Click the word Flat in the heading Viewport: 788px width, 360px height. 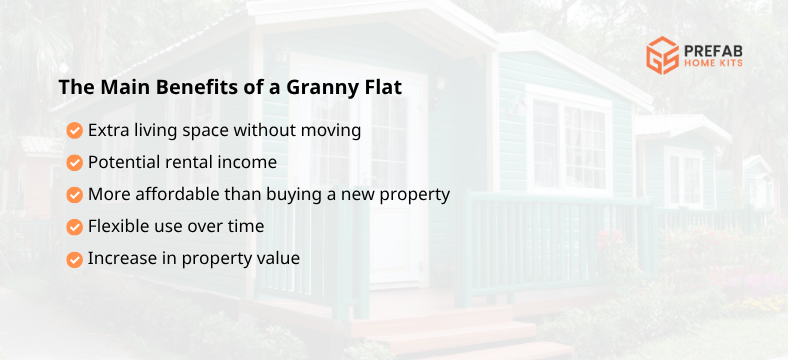tap(381, 87)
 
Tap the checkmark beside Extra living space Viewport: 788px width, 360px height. tap(74, 130)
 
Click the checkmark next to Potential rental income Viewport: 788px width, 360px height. tap(74, 162)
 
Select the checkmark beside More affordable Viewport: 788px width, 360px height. tap(74, 194)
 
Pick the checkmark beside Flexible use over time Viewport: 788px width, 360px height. tap(74, 226)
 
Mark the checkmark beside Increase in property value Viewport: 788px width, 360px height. tap(74, 258)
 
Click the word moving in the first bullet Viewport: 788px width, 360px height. tap(332, 130)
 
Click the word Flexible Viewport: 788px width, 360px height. tap(118, 226)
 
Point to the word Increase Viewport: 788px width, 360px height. tap(120, 258)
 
